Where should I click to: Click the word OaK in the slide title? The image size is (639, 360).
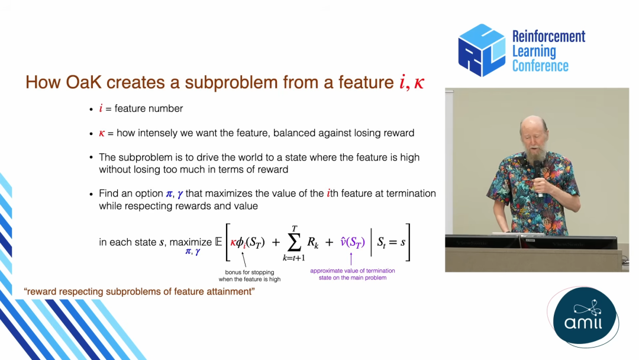click(x=83, y=82)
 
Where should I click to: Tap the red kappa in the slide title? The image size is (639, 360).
click(x=419, y=83)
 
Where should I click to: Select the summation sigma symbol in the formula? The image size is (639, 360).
click(x=294, y=243)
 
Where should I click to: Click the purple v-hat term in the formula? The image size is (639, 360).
click(x=353, y=243)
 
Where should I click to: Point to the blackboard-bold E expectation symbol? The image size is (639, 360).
click(x=218, y=242)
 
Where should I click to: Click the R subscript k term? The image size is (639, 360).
click(x=312, y=243)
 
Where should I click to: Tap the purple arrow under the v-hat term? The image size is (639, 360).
click(x=351, y=259)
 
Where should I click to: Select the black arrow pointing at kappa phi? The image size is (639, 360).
click(x=244, y=259)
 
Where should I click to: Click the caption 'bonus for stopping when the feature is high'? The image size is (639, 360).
click(x=250, y=275)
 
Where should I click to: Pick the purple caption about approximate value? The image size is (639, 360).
click(x=353, y=274)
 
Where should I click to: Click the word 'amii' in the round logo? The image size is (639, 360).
click(x=583, y=323)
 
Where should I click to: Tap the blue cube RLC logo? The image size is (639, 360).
click(x=482, y=50)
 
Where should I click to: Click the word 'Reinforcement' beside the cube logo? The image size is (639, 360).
click(x=548, y=36)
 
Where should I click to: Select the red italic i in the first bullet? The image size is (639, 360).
click(x=101, y=108)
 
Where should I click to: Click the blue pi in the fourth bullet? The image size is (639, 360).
click(x=169, y=194)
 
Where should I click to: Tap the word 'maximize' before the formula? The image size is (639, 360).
click(x=191, y=242)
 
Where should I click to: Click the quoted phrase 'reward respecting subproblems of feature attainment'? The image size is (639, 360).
click(x=140, y=291)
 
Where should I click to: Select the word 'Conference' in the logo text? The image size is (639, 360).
click(x=540, y=66)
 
